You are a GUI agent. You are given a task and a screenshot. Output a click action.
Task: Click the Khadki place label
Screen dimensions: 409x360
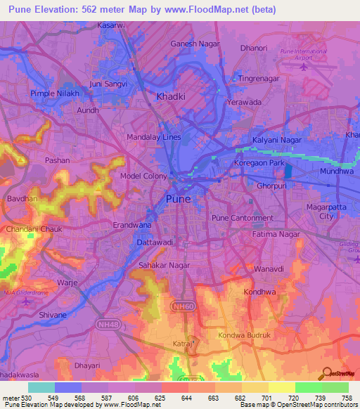click(x=171, y=97)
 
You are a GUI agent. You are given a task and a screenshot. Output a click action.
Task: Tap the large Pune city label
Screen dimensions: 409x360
click(x=178, y=199)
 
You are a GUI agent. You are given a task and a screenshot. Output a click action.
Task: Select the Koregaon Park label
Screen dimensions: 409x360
click(x=259, y=164)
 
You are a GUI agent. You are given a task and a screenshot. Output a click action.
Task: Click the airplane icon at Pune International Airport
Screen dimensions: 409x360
click(x=304, y=67)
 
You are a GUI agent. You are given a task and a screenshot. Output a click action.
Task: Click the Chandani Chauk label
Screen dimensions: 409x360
click(x=34, y=229)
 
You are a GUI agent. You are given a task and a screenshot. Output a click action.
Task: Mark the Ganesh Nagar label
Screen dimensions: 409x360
click(x=195, y=44)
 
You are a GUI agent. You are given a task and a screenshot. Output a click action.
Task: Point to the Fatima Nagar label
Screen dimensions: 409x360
click(x=276, y=234)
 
